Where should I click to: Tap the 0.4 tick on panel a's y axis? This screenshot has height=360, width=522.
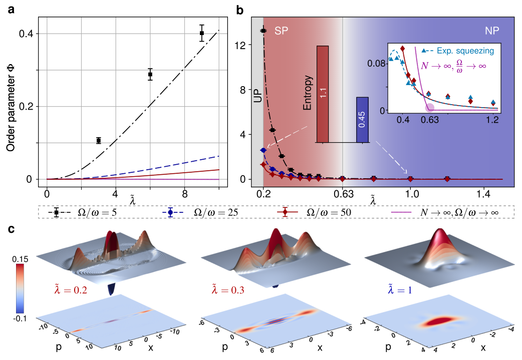[27, 34]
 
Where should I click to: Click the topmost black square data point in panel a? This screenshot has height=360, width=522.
[201, 33]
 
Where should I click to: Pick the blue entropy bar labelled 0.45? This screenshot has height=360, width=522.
[362, 120]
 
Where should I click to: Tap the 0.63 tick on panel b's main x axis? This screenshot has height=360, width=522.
[343, 193]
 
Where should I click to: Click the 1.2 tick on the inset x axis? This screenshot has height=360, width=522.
[492, 120]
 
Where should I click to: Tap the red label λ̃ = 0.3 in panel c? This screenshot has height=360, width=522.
[228, 290]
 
